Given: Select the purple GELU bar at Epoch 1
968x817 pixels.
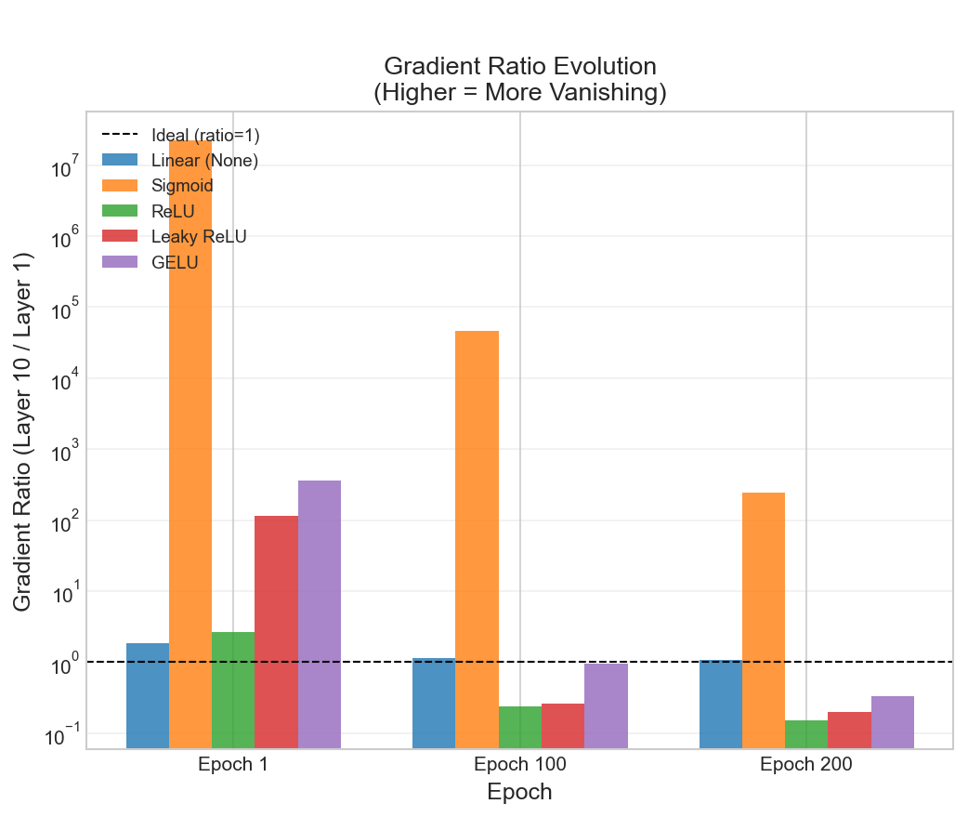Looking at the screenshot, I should tap(320, 613).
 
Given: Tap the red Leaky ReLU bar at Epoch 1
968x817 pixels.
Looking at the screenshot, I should tap(276, 631).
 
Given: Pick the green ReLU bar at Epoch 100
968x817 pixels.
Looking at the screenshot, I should tap(520, 727).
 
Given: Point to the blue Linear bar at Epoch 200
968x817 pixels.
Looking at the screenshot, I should tap(720, 704).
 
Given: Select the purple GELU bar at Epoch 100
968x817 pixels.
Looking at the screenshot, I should tap(606, 705).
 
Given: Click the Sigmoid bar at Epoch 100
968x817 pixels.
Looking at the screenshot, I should tap(477, 539).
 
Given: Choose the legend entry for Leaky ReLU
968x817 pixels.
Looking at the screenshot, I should tap(199, 236).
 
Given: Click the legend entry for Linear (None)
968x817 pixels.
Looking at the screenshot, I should tap(204, 161).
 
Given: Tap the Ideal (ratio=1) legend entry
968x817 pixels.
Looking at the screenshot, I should tap(205, 136).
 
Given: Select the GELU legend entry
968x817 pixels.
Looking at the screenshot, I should tap(175, 261).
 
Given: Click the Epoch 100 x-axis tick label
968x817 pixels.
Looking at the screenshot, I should tap(519, 765).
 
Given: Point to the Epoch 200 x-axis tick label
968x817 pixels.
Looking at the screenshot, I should tap(805, 765).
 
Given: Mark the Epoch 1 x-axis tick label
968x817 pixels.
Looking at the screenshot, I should tap(233, 765).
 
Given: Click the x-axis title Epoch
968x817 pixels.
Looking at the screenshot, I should tap(519, 792).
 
